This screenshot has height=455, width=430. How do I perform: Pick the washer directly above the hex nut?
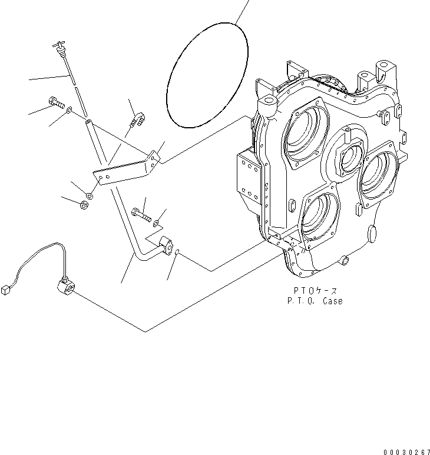point(90,195)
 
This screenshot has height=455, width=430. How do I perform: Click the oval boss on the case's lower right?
point(374,234)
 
